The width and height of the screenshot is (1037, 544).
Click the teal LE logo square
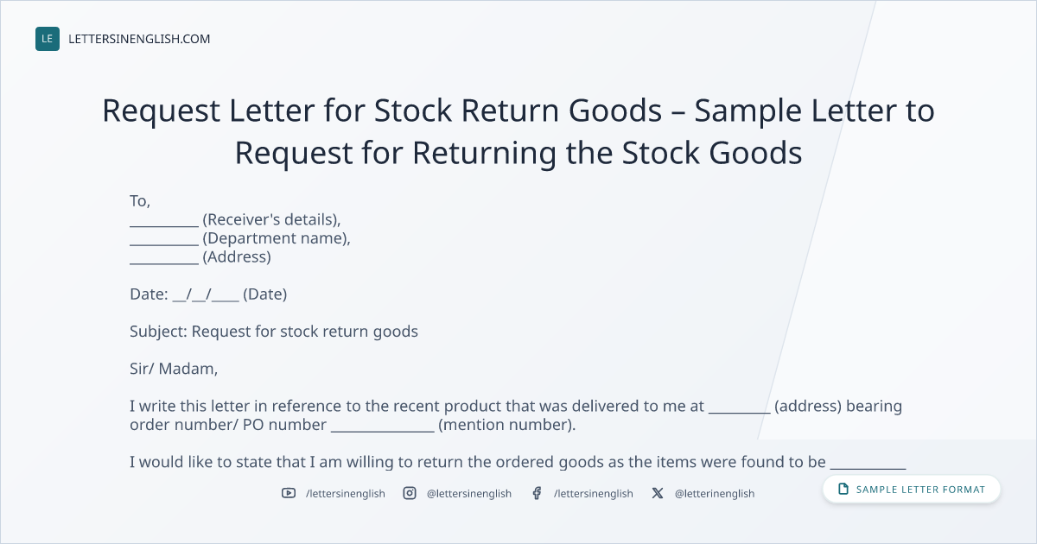pos(48,39)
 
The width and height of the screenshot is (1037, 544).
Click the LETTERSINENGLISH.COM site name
pos(139,39)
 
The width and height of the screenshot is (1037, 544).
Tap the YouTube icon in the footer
pos(289,493)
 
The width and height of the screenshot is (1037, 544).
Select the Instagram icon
pos(410,493)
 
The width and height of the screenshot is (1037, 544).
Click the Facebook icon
pos(537,493)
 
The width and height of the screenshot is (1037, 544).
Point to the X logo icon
pos(658,493)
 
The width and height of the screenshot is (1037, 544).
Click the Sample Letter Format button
pos(911,489)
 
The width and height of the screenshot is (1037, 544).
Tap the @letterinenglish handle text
pos(715,494)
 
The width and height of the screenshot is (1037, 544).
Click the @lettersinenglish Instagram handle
pos(469,494)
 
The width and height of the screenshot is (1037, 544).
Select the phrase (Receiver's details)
pos(270,219)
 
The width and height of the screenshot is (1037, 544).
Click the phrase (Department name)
pos(275,238)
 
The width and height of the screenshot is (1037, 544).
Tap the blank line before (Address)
pos(164,263)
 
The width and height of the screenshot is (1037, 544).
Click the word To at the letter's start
pos(138,200)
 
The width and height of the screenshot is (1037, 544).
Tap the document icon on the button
pos(843,489)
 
